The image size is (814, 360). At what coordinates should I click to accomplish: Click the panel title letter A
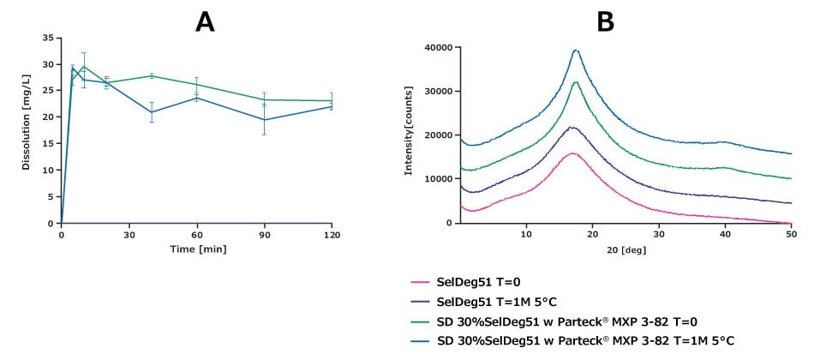point(205,21)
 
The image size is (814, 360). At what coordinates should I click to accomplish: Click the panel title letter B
point(605,21)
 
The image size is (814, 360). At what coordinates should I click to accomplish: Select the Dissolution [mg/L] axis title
point(27,126)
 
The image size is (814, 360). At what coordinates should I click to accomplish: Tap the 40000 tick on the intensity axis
point(438,48)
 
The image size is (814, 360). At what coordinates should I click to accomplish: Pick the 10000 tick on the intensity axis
point(438,178)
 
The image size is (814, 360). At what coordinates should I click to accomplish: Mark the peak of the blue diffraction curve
point(576,51)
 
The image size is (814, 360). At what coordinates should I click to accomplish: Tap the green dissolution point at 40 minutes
point(152,75)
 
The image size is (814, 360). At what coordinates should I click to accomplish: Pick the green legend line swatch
point(421,321)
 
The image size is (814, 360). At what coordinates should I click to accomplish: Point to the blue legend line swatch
point(421,341)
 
